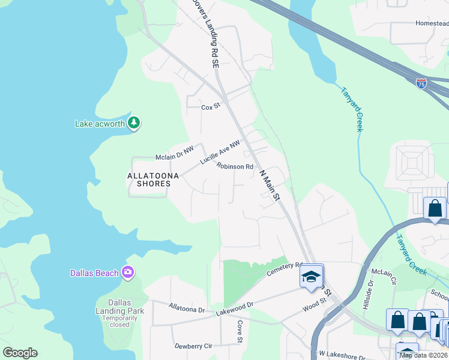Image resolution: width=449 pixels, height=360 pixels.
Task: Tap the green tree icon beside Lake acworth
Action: (134, 124)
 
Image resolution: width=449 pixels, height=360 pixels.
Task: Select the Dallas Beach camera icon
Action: (127, 273)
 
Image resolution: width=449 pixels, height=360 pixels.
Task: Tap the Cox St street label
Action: (211, 107)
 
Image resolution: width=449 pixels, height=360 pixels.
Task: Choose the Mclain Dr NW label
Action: (175, 157)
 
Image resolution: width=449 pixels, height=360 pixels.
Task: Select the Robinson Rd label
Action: (235, 167)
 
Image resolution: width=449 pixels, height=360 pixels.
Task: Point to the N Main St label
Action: (270, 184)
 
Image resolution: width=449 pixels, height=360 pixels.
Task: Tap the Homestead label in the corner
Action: (432, 23)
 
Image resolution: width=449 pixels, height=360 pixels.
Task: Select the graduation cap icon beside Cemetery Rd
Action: (311, 276)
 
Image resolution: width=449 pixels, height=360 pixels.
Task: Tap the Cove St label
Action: (239, 332)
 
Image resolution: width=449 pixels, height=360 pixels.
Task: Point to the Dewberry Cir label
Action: (193, 346)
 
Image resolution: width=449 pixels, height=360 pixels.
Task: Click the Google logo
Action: (20, 353)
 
